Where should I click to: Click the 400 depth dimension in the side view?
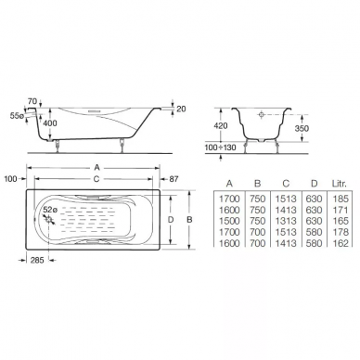tap(50, 123)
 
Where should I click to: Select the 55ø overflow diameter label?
tap(17, 116)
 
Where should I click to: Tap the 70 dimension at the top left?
tap(32, 101)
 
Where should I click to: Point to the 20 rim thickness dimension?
tap(181, 109)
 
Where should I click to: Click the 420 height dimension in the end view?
tap(221, 125)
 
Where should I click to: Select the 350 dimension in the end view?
tap(302, 128)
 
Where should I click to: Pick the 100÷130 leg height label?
tap(220, 148)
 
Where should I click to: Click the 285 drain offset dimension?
tap(37, 260)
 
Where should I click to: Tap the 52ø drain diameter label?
tap(50, 210)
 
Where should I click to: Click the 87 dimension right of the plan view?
tap(174, 179)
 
